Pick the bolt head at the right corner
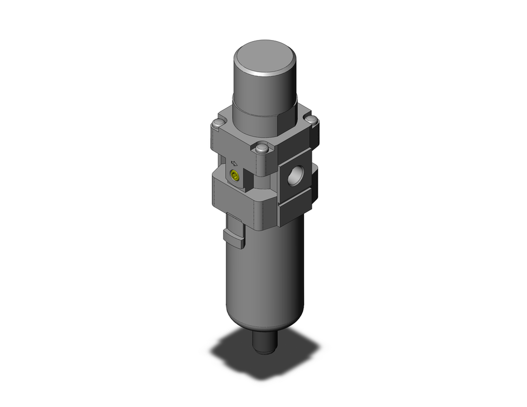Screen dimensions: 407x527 311,120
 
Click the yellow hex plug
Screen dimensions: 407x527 235,176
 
